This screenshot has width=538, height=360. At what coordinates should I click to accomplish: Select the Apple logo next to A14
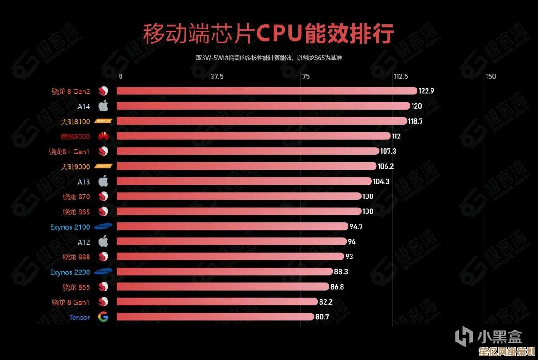point(103,106)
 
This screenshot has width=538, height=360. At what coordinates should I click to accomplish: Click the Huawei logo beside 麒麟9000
point(103,136)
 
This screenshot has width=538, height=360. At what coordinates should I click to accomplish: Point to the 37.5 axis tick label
point(217,77)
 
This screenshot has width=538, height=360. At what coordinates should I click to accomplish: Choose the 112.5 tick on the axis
point(400,77)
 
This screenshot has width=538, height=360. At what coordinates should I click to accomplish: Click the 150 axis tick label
point(491,77)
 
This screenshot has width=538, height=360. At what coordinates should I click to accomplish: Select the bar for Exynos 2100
point(233,226)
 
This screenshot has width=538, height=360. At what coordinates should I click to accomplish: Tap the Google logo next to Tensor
point(103,317)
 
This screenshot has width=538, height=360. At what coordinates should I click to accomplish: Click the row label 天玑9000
point(75,166)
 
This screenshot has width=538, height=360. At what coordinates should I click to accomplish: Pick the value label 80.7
point(322,317)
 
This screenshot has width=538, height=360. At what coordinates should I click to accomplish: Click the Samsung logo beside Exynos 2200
point(103,272)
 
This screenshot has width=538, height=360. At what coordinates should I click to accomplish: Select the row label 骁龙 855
point(76,287)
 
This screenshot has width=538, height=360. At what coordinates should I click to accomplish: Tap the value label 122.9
point(426,91)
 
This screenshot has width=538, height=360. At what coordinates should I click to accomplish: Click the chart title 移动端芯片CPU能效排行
point(269,34)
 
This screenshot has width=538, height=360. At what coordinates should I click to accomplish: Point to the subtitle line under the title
point(269,58)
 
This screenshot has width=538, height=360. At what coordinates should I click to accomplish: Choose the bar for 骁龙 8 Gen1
point(218,302)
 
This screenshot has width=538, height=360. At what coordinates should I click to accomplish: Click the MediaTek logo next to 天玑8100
point(103,121)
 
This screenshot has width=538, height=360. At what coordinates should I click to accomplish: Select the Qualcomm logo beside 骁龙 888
point(103,257)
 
